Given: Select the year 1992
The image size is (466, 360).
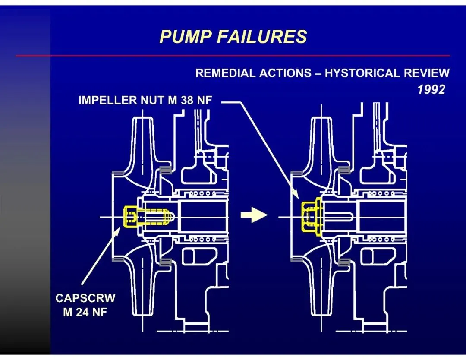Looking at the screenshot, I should click(x=431, y=89).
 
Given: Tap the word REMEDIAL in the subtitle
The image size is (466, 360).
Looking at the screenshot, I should click(x=225, y=73).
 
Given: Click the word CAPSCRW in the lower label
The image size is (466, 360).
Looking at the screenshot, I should click(x=85, y=298).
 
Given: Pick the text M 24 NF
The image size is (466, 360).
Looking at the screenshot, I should click(x=85, y=312).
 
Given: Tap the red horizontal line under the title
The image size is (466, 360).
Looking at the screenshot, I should click(x=233, y=56).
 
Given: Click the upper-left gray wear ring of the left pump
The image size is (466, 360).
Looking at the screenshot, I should click(x=118, y=173).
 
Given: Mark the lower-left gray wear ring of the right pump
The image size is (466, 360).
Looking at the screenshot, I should click(x=296, y=260).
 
